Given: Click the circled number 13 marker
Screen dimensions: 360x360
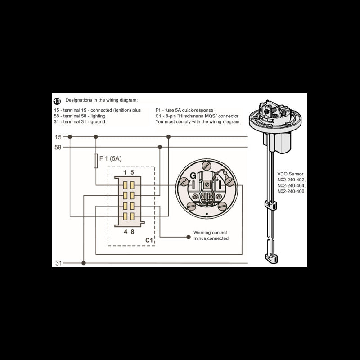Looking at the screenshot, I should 57,101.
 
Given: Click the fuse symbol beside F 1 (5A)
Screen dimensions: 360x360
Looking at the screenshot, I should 95,161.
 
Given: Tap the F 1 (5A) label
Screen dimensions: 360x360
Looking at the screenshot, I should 110,158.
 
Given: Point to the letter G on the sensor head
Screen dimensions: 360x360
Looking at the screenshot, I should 193,175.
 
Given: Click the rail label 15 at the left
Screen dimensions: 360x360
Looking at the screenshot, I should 58,137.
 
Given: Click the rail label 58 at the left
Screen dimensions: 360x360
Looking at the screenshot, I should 58,147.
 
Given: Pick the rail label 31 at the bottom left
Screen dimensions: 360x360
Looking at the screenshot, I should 58,263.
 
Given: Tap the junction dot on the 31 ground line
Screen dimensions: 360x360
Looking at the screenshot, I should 84,263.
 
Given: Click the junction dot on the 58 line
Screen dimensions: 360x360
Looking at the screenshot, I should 159,147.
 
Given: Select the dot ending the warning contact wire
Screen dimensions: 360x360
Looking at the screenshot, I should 188,236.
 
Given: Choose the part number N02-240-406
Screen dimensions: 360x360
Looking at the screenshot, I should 291,191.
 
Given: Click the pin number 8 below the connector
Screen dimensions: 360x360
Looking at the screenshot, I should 132,232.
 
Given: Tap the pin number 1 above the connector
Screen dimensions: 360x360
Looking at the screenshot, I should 125,172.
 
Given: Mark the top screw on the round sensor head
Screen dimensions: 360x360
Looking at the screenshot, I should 206,166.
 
